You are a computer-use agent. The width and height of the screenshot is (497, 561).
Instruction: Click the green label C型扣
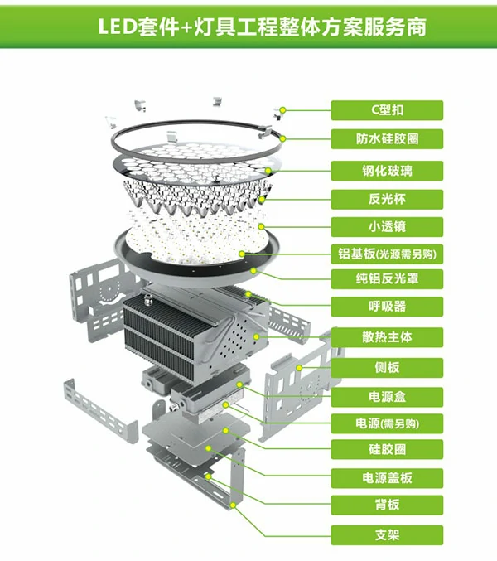(x=387, y=110)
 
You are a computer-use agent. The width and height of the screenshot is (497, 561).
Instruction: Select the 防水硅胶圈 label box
(x=387, y=139)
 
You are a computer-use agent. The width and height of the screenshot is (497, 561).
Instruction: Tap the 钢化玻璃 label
(x=387, y=171)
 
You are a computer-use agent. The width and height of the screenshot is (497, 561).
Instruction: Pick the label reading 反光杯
(x=387, y=199)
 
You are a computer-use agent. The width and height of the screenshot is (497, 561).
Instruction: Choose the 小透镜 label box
(x=387, y=227)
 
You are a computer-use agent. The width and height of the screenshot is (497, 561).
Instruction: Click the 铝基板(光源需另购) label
(x=387, y=254)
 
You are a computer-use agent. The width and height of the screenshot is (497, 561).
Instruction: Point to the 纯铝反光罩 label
(x=387, y=279)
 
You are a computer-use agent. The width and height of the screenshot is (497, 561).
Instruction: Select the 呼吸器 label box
(x=387, y=307)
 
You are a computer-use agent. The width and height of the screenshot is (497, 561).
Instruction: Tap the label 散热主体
(x=387, y=337)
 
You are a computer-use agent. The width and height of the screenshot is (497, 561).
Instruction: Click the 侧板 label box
(x=387, y=368)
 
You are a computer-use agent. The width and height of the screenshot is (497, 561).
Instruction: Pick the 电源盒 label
(x=387, y=397)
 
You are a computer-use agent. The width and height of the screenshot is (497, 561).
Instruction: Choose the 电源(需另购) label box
(x=387, y=424)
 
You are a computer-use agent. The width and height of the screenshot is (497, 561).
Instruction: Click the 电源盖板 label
(x=387, y=478)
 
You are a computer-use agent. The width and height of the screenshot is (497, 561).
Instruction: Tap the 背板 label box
(x=387, y=505)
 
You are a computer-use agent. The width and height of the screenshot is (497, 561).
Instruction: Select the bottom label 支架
(x=387, y=535)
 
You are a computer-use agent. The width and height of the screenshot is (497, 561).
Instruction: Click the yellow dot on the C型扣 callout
(x=282, y=110)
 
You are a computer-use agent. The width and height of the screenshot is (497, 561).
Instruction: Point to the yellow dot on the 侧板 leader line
(x=299, y=368)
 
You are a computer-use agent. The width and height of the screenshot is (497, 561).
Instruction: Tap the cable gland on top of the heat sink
(x=147, y=300)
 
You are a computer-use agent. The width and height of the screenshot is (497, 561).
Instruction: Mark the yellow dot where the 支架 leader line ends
(x=233, y=505)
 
